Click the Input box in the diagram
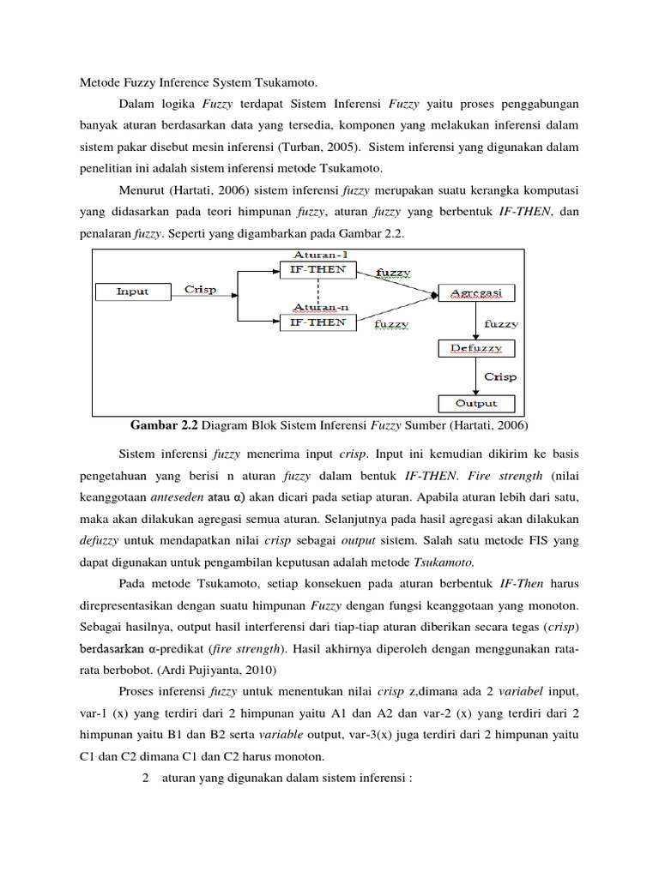point(132,292)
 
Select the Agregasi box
point(477,293)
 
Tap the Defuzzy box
point(477,348)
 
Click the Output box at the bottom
point(477,403)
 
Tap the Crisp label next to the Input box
point(201,289)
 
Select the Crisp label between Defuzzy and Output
point(500,376)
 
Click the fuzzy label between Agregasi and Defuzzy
point(501,323)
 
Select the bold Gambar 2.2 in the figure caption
point(164,424)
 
